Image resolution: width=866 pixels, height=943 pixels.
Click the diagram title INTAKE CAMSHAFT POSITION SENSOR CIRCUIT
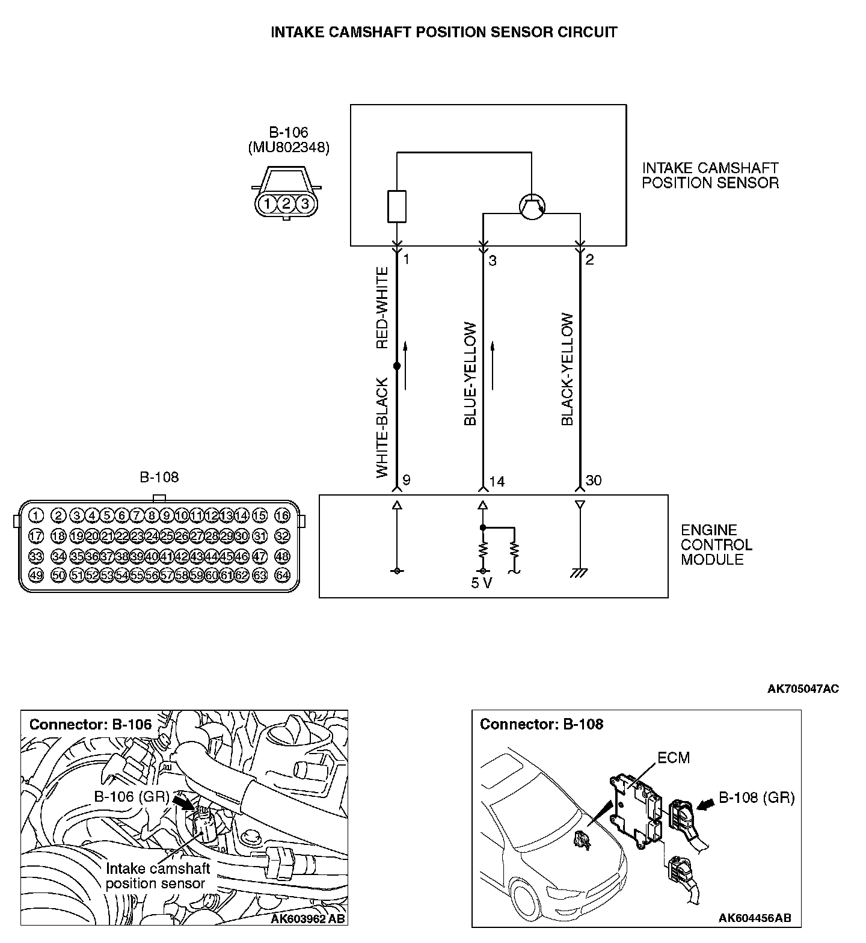[x=444, y=32]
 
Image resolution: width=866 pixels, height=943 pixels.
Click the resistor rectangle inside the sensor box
[x=397, y=206]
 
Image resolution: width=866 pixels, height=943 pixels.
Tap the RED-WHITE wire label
[x=382, y=309]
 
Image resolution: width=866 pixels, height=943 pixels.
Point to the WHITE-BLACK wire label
[x=382, y=428]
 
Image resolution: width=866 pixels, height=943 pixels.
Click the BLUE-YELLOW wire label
[x=470, y=374]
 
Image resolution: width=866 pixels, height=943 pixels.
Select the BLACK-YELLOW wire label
[x=568, y=369]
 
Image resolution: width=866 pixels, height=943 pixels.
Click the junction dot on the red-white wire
[x=397, y=366]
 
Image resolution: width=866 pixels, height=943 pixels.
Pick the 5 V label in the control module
[x=482, y=583]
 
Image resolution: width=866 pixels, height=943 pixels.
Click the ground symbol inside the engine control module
[x=580, y=573]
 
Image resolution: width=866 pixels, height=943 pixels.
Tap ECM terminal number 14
[x=497, y=481]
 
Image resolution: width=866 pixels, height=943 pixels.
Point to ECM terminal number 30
[x=594, y=481]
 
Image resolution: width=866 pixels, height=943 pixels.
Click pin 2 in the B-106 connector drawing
[x=286, y=204]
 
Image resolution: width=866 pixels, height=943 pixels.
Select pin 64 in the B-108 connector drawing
[x=282, y=576]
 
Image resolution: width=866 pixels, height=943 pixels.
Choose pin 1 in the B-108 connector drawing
[x=36, y=515]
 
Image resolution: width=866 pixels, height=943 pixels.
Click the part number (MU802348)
[x=289, y=148]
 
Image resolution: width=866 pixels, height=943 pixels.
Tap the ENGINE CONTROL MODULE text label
[x=716, y=545]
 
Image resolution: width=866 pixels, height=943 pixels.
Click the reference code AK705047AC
[x=803, y=689]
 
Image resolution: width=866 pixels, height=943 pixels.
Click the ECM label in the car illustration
[x=674, y=758]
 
